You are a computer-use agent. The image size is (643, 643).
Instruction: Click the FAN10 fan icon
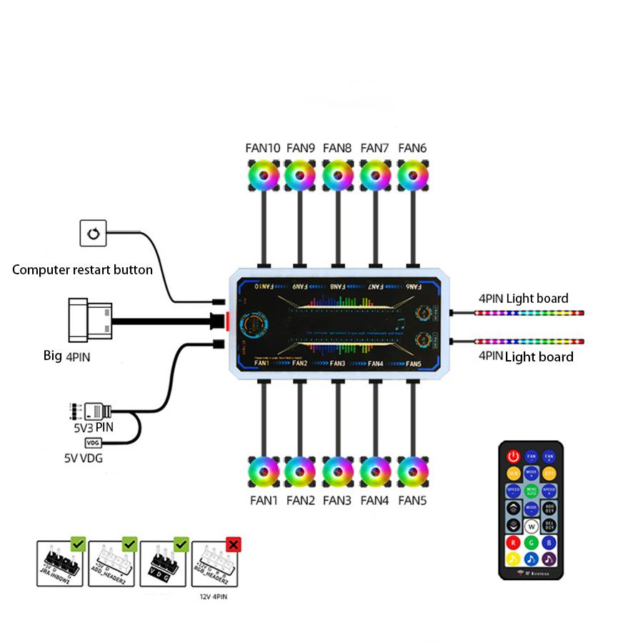263,174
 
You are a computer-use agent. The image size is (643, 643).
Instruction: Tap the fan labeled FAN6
412,174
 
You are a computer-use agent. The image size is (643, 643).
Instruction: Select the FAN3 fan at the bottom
337,472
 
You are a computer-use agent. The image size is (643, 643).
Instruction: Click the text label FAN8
337,148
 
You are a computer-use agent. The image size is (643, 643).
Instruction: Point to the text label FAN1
263,501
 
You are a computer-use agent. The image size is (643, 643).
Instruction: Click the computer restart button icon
92,234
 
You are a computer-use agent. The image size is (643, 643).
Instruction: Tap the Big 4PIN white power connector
89,321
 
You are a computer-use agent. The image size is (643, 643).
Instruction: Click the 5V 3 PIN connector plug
96,412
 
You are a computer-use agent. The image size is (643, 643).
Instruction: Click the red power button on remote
513,455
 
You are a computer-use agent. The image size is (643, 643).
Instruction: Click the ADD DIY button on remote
549,508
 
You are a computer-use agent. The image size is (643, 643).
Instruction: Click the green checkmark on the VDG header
181,544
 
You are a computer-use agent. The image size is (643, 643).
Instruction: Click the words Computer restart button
82,270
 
